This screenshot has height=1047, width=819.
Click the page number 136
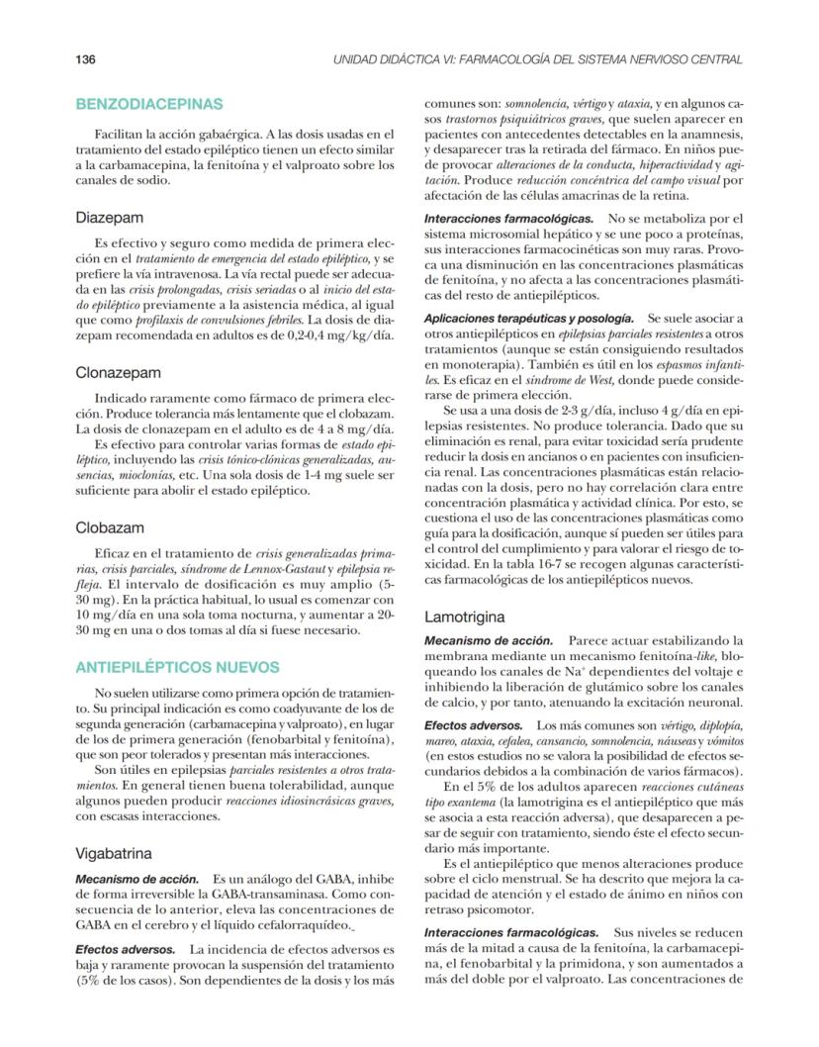pyautogui.click(x=85, y=59)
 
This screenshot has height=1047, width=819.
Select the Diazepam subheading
pyautogui.click(x=110, y=216)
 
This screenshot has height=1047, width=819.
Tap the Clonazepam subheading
pyautogui.click(x=119, y=373)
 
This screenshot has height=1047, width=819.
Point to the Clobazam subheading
pyautogui.click(x=110, y=528)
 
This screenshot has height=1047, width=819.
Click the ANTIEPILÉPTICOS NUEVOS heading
pyautogui.click(x=177, y=667)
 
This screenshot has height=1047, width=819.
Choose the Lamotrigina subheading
pyautogui.click(x=466, y=616)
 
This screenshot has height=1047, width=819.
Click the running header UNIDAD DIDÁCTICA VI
pyautogui.click(x=539, y=59)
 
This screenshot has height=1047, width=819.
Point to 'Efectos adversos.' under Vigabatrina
pyautogui.click(x=126, y=949)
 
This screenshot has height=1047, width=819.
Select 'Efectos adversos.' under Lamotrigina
pyautogui.click(x=475, y=725)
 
